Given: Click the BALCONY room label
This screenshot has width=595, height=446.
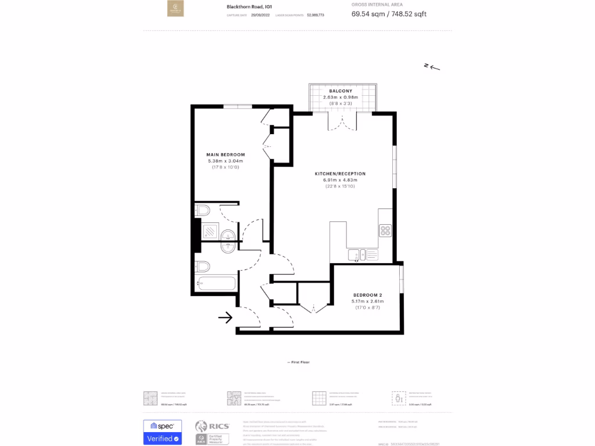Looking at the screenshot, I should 340,91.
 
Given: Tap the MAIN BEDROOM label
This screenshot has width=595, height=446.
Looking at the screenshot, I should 225,154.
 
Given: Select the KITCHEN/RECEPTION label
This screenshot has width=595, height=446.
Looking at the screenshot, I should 340,174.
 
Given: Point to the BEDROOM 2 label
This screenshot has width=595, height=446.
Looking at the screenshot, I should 368,295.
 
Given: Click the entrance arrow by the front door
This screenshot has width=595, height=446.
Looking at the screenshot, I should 225,317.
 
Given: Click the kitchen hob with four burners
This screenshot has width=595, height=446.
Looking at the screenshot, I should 386,231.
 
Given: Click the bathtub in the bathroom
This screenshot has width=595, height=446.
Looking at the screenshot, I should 217,284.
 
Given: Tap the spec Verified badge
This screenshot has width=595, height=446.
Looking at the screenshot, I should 163,432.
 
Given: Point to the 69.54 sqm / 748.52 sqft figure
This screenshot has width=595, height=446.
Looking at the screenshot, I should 389,14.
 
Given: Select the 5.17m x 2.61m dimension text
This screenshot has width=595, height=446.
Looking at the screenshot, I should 368,301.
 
